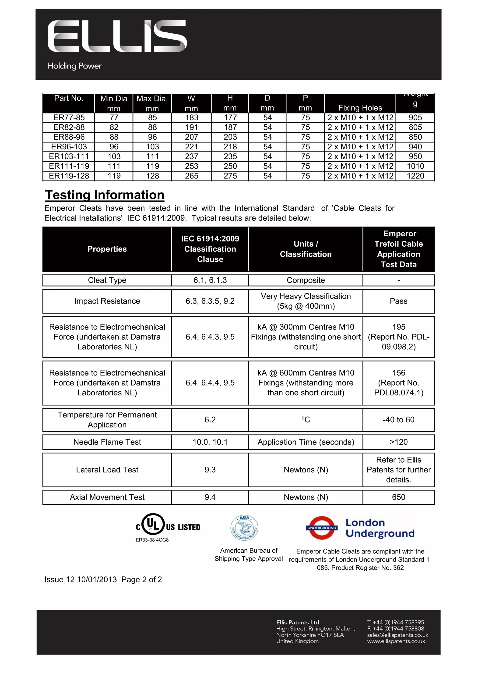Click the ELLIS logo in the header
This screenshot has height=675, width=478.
pos(117,36)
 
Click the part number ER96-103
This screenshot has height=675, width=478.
pos(69,147)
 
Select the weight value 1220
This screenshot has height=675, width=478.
pos(415,176)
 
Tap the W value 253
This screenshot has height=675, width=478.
pos(192,166)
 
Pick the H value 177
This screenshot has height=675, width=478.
pos(230,118)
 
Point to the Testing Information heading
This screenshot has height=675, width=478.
pos(105,195)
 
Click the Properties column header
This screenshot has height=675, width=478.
pos(107,249)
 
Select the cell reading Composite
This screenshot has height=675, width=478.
pos(306,280)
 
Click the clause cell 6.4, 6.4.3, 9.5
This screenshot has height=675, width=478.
pos(210,337)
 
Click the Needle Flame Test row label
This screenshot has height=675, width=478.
pos(107,442)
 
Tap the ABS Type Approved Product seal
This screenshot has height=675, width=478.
pos(244,528)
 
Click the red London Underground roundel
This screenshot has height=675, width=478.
pos(322,528)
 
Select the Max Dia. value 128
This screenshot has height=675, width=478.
pos(152,176)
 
